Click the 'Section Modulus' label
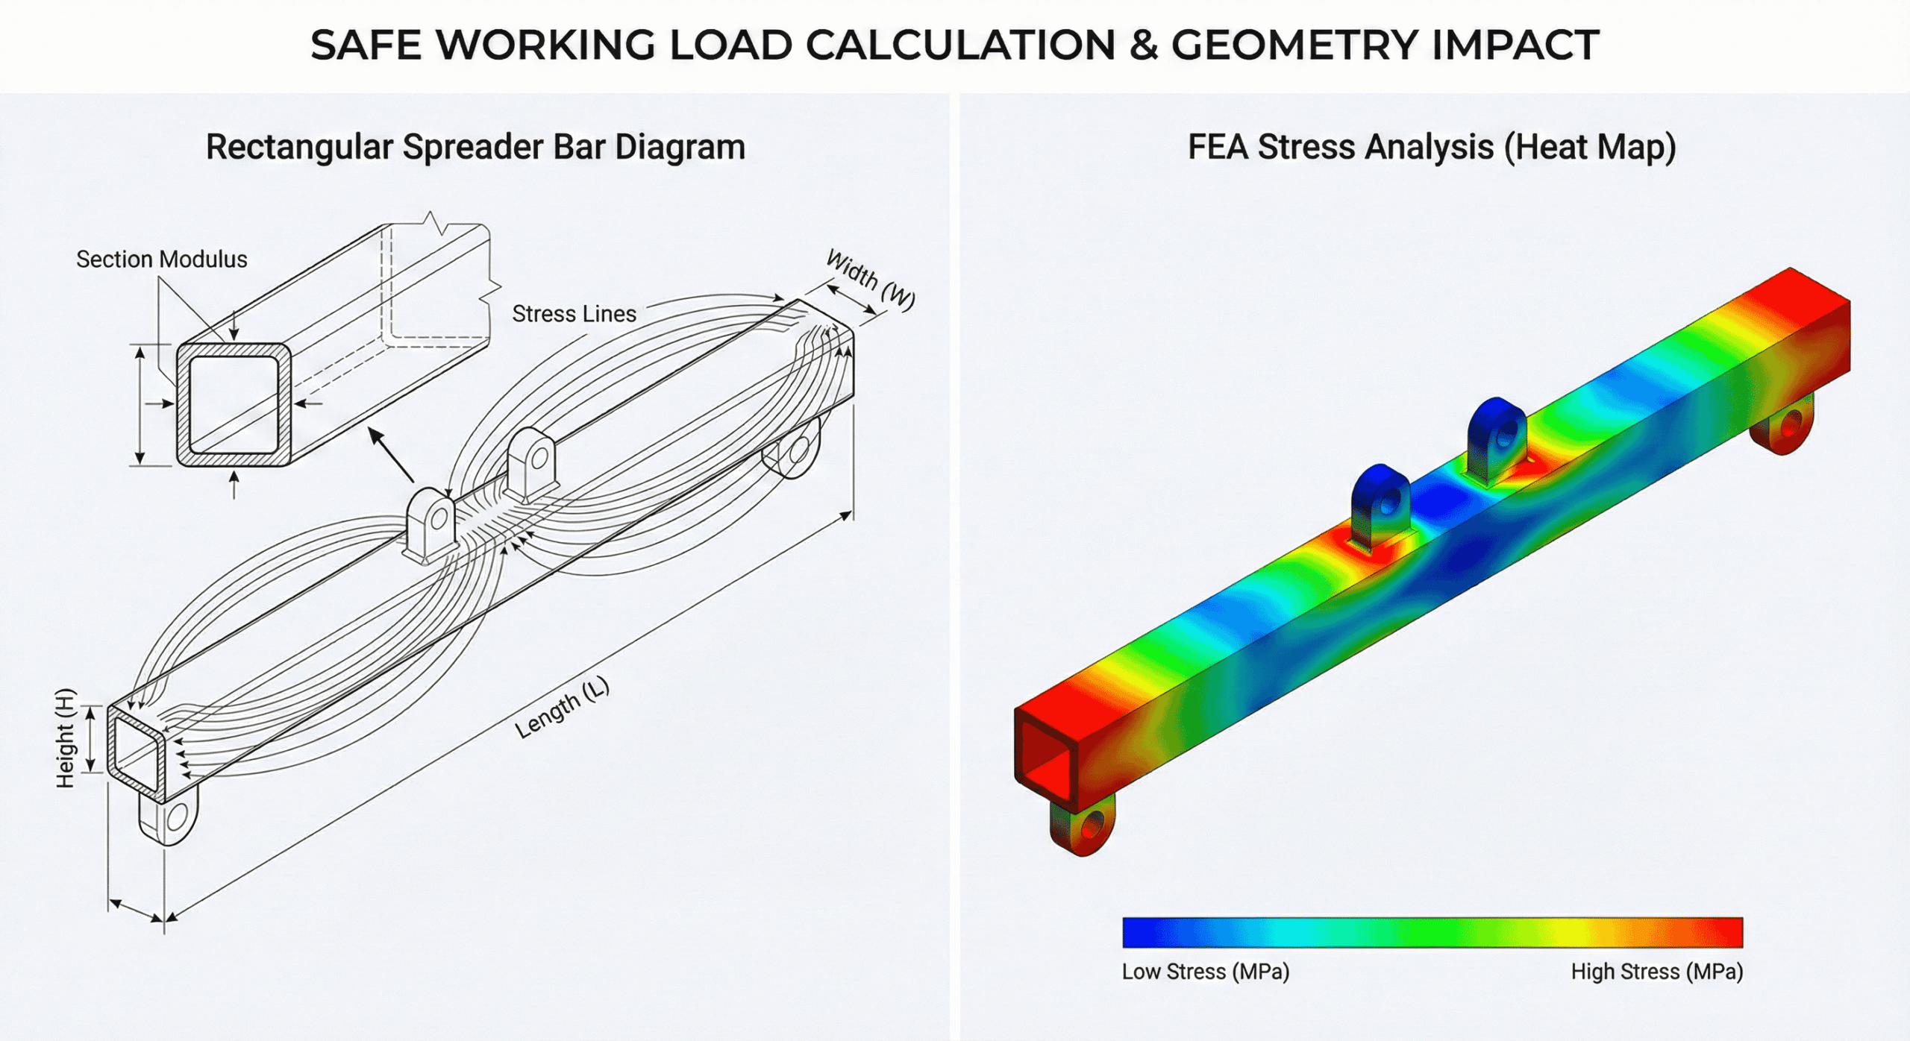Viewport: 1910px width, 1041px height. click(161, 260)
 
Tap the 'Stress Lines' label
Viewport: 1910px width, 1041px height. click(574, 314)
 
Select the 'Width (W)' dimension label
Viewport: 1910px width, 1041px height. click(870, 280)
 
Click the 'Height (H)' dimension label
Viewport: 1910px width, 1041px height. click(66, 738)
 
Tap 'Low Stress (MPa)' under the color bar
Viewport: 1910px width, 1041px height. click(1205, 972)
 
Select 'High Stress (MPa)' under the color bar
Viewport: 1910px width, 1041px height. click(1656, 972)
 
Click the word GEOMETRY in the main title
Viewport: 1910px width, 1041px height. click(1294, 45)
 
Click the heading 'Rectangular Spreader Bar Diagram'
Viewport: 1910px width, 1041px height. click(475, 147)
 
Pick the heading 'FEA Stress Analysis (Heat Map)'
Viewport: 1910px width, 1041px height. click(1431, 147)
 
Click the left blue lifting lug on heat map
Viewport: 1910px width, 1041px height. click(1380, 503)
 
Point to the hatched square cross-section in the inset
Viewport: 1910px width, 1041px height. click(234, 404)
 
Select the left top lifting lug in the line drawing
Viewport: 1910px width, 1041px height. click(431, 522)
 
